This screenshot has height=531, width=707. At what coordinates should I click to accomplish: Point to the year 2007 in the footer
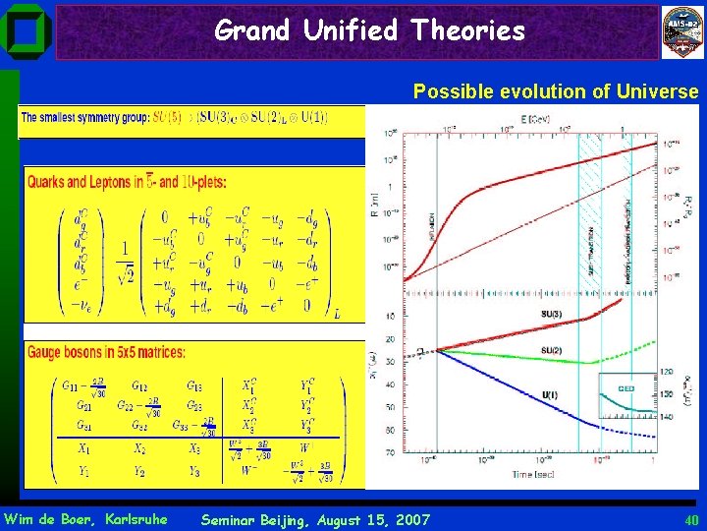click(409, 519)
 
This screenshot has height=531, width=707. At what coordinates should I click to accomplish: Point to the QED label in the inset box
click(624, 388)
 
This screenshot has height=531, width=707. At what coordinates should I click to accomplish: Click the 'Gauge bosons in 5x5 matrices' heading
click(106, 351)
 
